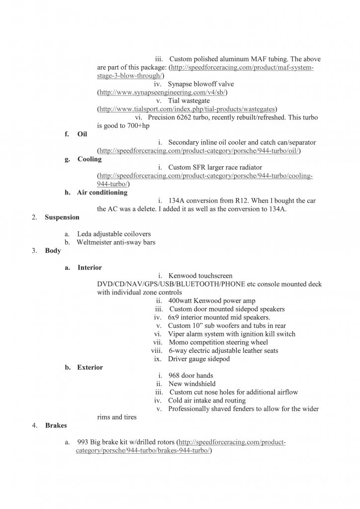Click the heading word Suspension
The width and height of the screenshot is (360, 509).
click(x=62, y=217)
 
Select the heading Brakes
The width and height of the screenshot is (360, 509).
click(x=56, y=425)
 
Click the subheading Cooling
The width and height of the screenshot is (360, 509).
click(x=90, y=159)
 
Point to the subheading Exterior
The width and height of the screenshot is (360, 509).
click(x=90, y=368)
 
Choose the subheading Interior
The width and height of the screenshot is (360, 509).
click(x=90, y=268)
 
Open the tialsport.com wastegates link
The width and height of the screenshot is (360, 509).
click(x=187, y=109)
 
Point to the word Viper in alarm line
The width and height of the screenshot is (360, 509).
click(x=177, y=334)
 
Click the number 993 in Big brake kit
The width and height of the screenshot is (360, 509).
click(x=84, y=442)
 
